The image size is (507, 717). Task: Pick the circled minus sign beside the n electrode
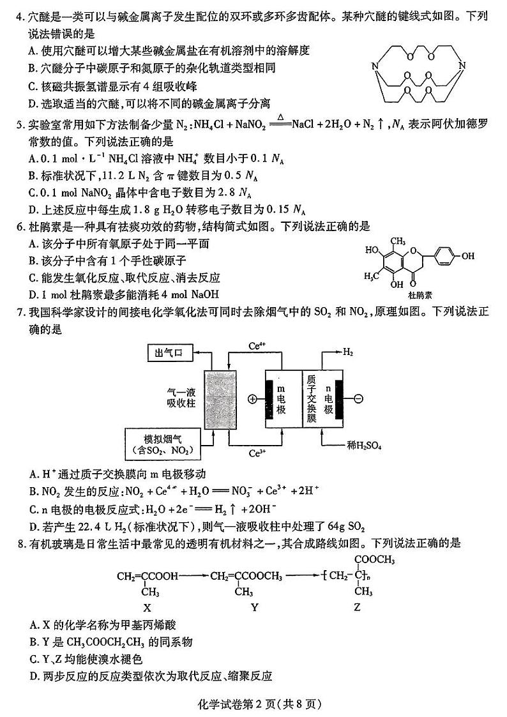(358, 399)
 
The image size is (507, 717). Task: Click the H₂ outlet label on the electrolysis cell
(348, 352)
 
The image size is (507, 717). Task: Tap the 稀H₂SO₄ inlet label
(364, 446)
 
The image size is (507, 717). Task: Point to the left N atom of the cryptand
(375, 64)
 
